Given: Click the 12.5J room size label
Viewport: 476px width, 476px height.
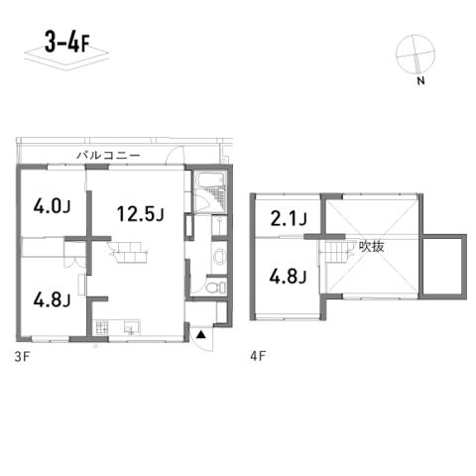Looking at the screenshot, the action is click(141, 213).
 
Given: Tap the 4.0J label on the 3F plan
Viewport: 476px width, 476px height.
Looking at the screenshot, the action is click(52, 207).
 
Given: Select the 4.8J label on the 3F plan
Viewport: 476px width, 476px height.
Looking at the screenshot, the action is click(52, 299).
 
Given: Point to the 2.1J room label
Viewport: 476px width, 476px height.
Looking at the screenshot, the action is click(289, 218).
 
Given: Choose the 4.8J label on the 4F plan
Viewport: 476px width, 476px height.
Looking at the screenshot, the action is click(289, 276).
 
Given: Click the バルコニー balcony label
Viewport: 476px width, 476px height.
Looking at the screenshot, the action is click(109, 155).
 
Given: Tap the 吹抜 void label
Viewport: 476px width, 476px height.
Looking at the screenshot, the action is click(372, 247).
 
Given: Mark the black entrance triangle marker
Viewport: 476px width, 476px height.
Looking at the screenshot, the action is click(200, 335).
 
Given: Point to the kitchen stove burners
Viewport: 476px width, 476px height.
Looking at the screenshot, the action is click(102, 327).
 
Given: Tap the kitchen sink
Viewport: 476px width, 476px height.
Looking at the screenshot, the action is click(132, 327).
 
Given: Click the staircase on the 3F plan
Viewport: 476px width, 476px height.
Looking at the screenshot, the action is click(128, 253).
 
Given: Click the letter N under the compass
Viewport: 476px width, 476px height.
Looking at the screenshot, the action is click(420, 81).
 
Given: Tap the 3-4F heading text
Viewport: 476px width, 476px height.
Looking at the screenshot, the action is click(67, 43).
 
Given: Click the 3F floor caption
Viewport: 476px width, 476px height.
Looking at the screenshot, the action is click(22, 357).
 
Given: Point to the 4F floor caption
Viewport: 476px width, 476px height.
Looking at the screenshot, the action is click(258, 356).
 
